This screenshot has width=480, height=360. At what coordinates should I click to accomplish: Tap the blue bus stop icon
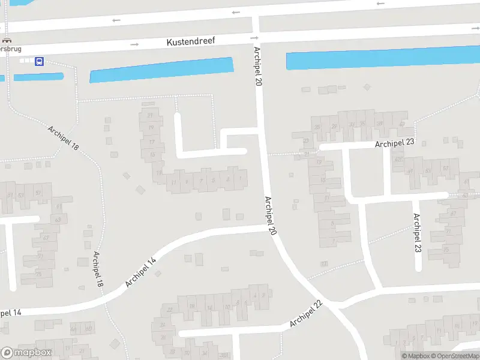[39, 61]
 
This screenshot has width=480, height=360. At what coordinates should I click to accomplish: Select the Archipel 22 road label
[306, 314]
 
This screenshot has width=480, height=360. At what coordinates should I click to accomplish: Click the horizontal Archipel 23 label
[395, 143]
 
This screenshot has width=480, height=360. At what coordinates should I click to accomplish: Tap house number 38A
[224, 356]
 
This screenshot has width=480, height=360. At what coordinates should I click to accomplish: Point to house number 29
[334, 126]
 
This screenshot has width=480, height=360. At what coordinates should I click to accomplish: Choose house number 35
[362, 124]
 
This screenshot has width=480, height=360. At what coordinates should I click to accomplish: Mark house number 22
[170, 310]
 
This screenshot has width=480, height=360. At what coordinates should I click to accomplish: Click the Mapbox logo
[26, 353]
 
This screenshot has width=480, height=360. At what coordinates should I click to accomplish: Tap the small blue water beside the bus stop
[38, 77]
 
